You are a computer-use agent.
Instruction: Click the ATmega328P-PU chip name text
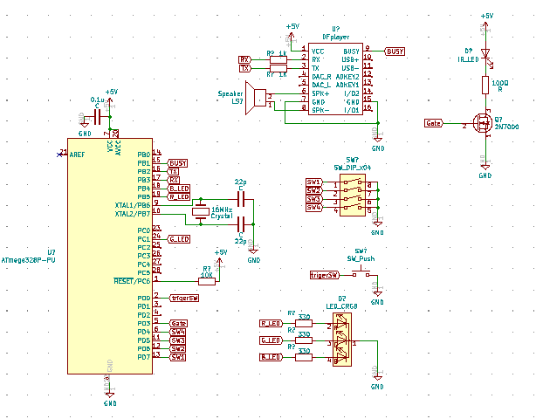click(x=29, y=260)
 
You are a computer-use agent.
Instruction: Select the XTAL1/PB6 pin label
click(x=132, y=204)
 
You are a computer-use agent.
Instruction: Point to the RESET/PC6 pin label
click(x=132, y=280)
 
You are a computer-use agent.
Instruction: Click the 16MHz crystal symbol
click(x=201, y=211)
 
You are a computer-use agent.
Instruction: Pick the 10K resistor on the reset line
click(x=207, y=280)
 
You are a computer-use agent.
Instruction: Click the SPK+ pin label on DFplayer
click(x=320, y=93)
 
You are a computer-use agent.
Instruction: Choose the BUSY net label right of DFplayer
click(x=395, y=52)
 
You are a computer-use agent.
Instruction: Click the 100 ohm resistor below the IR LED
click(x=486, y=84)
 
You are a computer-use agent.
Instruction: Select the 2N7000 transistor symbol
click(x=479, y=123)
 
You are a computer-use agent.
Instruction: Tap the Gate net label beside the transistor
click(x=434, y=124)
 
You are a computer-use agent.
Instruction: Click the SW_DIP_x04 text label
click(x=354, y=166)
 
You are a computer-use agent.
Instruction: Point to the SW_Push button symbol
click(x=360, y=274)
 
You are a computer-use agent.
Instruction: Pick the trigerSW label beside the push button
click(x=324, y=275)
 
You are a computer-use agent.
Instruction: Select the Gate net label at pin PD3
click(x=178, y=323)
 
